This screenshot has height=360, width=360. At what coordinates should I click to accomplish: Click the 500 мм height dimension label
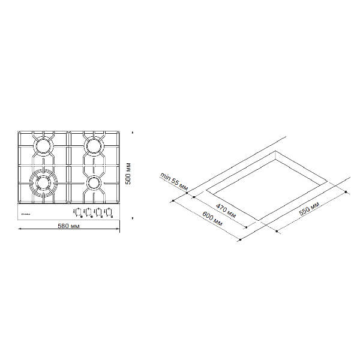(x=127, y=174)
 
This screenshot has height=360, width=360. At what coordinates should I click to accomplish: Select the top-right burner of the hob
(x=93, y=145)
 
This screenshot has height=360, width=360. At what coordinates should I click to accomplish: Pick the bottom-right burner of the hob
(x=93, y=181)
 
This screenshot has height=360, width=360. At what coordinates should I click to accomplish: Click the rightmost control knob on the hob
(x=110, y=212)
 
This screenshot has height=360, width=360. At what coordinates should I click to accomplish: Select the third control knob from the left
(x=99, y=212)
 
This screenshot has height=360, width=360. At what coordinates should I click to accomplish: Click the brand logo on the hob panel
(x=26, y=212)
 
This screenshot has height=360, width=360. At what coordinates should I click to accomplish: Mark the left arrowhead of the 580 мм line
(x=19, y=231)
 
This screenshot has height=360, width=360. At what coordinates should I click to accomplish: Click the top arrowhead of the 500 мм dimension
(x=133, y=131)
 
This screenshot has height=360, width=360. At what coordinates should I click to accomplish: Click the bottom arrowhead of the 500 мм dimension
(x=133, y=220)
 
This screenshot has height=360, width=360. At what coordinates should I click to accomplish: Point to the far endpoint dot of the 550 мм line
(x=349, y=191)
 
